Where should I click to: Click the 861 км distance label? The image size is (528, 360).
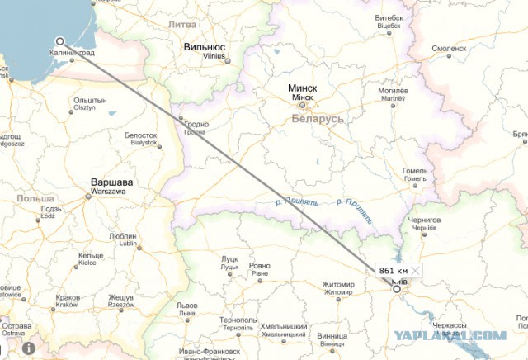tap(393, 271)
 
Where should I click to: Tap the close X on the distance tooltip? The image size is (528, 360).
tap(417, 271)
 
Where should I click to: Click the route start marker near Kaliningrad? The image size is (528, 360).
tap(60, 41)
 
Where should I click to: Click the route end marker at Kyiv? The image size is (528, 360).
tap(397, 289)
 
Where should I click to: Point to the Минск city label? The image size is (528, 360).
tap(304, 88)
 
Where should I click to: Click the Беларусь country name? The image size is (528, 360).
tap(318, 119)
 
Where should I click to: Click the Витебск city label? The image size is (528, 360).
tap(389, 17)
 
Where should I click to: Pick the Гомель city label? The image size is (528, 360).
tap(415, 171)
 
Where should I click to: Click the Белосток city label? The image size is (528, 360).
tap(140, 135)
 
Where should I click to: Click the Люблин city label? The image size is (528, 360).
tap(123, 236)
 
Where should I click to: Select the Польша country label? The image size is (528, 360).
tap(35, 199)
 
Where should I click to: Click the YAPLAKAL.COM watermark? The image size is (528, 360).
tap(463, 335)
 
